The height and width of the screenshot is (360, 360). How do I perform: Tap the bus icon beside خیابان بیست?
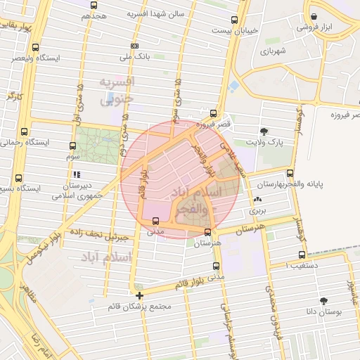coord(234,20)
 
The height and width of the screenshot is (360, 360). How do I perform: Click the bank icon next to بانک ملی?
coord(135,46)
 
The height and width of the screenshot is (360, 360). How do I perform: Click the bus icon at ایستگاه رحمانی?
coord(25,132)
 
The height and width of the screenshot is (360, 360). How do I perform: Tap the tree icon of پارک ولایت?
coord(264,131)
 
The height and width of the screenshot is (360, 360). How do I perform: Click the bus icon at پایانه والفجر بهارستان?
coord(290,174)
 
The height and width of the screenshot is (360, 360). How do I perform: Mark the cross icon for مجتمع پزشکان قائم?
coord(139,295)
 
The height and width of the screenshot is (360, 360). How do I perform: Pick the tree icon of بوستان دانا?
coord(323,300)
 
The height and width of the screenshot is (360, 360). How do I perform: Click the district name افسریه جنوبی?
coord(115,91)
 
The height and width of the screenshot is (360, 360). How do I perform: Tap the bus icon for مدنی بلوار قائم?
coord(215,266)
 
